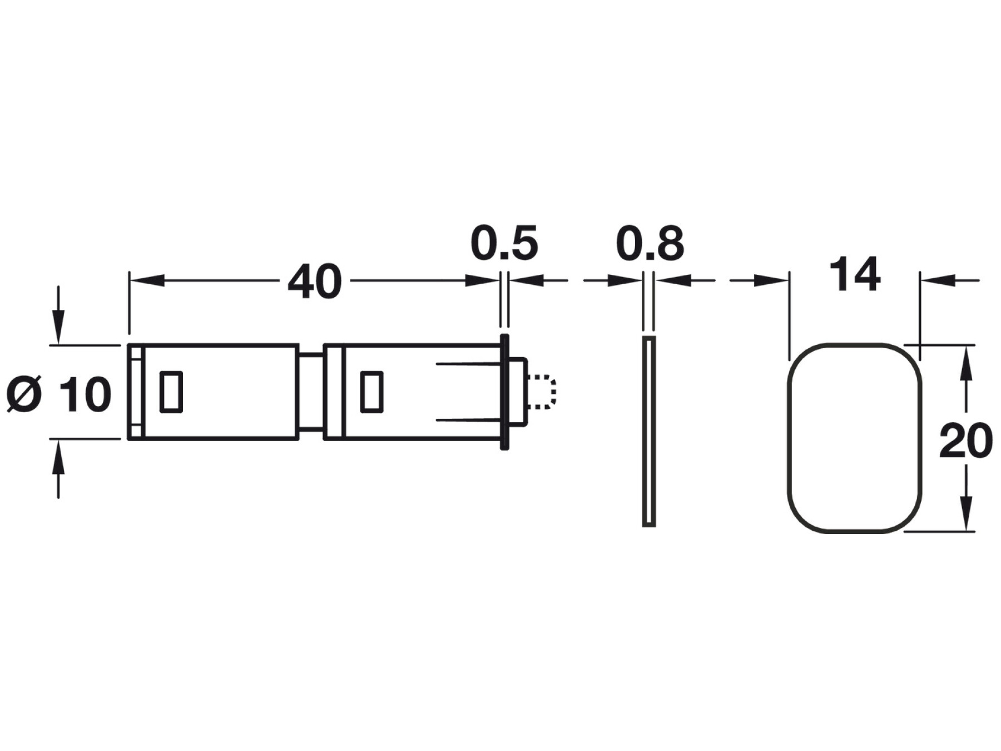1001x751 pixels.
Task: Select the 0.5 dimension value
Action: coord(504,243)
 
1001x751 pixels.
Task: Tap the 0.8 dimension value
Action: coord(650,243)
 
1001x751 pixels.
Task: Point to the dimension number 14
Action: coord(855,274)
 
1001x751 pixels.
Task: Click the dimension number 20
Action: coord(966,441)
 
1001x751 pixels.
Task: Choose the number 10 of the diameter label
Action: coord(86,394)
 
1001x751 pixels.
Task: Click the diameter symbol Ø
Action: coord(24,394)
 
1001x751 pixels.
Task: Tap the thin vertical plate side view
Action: coord(649,431)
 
